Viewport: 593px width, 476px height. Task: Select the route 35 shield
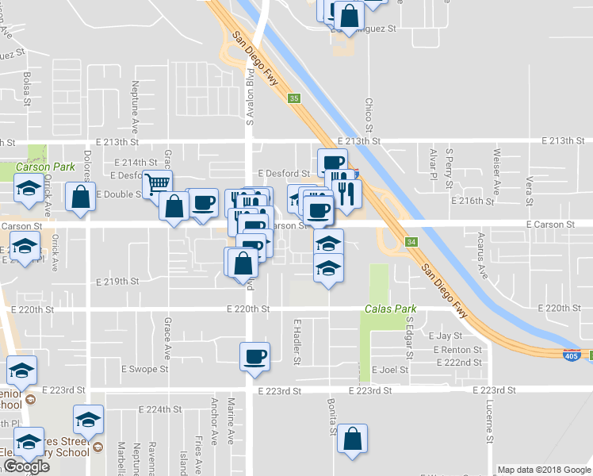click(294, 98)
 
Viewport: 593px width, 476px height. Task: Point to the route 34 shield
click(411, 241)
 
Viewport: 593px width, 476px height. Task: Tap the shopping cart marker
click(157, 184)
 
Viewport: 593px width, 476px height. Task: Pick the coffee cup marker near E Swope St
click(254, 356)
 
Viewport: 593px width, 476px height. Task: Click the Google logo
click(25, 466)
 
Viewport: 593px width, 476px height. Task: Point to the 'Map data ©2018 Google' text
click(544, 470)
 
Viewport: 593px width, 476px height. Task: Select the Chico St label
click(369, 114)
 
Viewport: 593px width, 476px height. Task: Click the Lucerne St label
click(491, 426)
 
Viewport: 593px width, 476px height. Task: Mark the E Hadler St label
click(297, 342)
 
